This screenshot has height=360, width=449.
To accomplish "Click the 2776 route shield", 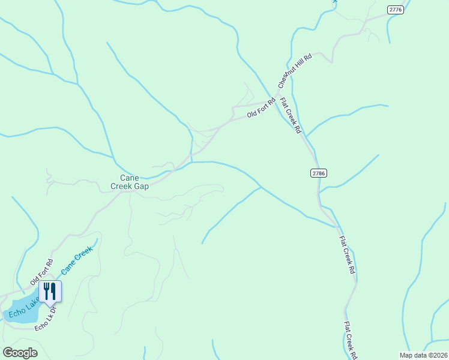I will click(x=396, y=10).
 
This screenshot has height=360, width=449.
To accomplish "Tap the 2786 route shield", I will click(x=319, y=173).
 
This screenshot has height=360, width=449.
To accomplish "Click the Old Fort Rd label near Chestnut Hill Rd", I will click(x=261, y=107).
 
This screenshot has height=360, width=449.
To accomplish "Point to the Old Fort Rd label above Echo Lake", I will click(x=41, y=272).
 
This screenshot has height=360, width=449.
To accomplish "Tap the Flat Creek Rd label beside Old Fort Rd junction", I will click(x=291, y=115).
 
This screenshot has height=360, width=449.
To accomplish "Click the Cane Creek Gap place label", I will click(x=130, y=182).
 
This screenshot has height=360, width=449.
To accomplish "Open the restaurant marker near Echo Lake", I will click(x=50, y=292).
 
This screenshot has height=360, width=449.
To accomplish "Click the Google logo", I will click(x=20, y=353).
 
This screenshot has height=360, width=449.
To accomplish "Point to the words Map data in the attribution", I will click(x=409, y=355).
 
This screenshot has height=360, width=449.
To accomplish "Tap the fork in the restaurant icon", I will click(x=46, y=291).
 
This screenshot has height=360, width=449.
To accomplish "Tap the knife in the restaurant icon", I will click(x=53, y=291).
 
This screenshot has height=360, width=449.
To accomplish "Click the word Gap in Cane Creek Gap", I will click(x=141, y=186).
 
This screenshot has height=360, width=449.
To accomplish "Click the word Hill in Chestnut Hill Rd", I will click(x=298, y=68).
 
